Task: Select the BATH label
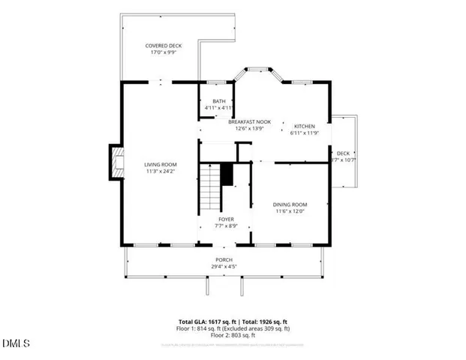click(x=219, y=101)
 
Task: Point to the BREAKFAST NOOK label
click(x=249, y=121)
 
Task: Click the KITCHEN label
click(x=304, y=126)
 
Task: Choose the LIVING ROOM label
click(x=160, y=164)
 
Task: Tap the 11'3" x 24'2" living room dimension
click(x=160, y=172)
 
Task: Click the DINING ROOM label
click(x=290, y=204)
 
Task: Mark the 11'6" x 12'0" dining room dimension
click(x=290, y=211)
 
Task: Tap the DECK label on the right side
click(x=344, y=153)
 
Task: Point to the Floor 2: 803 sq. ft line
click(x=232, y=335)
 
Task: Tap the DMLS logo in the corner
click(x=17, y=344)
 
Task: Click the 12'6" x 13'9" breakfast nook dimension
click(x=249, y=128)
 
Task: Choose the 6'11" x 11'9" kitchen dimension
click(x=304, y=133)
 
